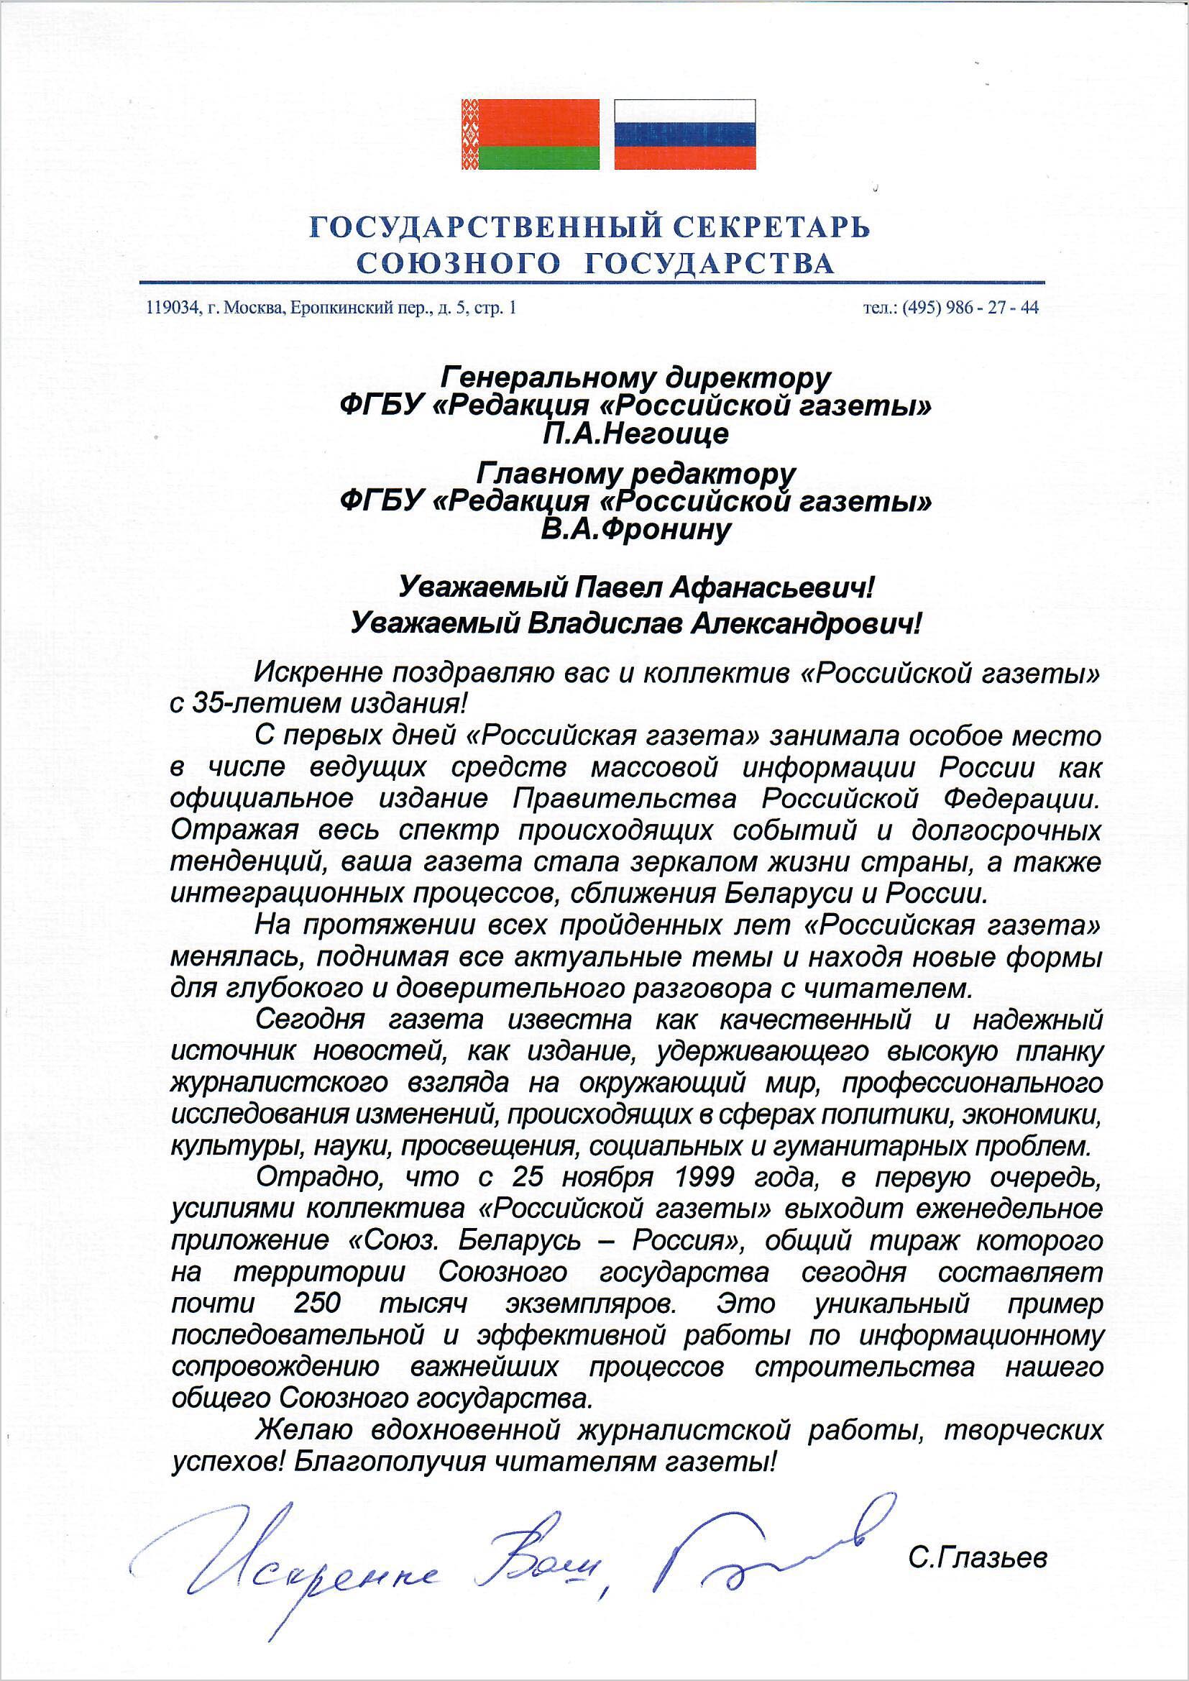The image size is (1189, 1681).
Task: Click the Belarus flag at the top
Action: (x=530, y=134)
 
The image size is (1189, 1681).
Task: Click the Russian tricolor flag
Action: (x=684, y=134)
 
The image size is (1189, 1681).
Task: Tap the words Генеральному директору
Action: (x=635, y=377)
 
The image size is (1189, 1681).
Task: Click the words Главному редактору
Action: (x=635, y=474)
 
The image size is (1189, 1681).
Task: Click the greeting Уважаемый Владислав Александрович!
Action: (x=635, y=624)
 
